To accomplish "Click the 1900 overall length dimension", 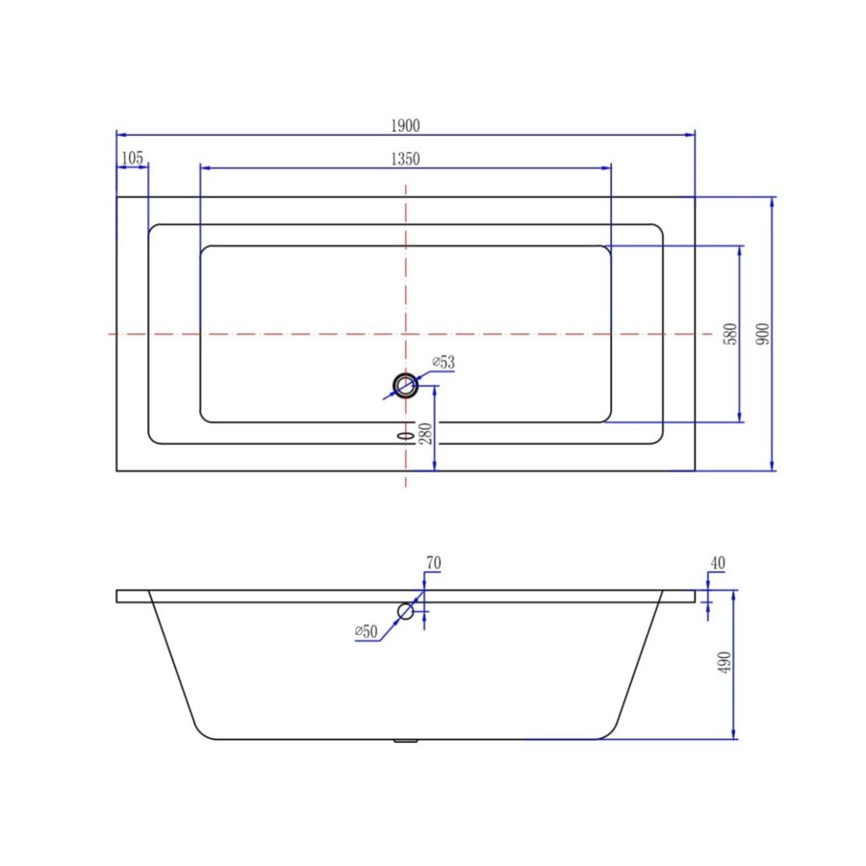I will (405, 126).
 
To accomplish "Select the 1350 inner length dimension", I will (405, 159).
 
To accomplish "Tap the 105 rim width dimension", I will (133, 158).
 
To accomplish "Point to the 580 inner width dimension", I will (729, 334).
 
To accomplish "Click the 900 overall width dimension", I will (762, 334).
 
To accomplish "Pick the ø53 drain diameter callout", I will (443, 362).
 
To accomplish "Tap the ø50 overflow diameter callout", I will (366, 631).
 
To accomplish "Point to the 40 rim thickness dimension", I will (717, 563).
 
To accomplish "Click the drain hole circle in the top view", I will (405, 387).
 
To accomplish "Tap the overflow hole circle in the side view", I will (406, 611).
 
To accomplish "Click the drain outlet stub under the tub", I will (406, 741).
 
